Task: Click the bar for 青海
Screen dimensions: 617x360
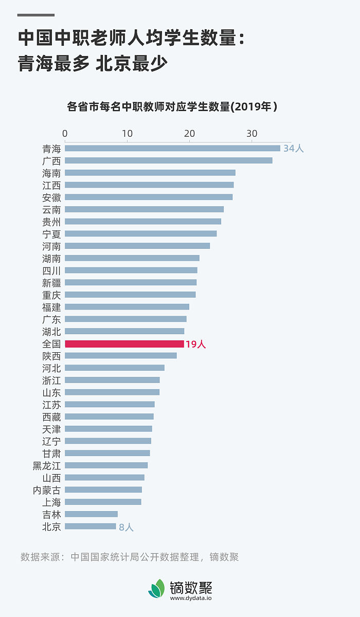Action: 172,148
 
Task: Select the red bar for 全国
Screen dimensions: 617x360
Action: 124,344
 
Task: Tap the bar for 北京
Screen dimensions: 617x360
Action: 91,527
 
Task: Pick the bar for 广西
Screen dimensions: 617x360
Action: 168,160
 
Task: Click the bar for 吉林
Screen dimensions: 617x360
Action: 91,514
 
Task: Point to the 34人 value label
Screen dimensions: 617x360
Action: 294,149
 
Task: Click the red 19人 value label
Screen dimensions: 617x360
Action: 195,344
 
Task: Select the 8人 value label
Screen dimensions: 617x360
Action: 126,527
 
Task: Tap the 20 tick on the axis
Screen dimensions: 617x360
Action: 189,134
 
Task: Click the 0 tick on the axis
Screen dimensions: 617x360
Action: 65,134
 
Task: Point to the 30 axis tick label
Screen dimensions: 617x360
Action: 251,134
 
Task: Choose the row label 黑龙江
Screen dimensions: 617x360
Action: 47,466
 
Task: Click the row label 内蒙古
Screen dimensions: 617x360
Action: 47,490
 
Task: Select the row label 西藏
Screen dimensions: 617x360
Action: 51,417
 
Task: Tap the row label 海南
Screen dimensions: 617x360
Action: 51,173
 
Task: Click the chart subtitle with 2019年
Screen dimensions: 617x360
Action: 172,107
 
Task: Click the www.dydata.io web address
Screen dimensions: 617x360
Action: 191,598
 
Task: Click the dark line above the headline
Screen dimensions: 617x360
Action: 36,15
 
